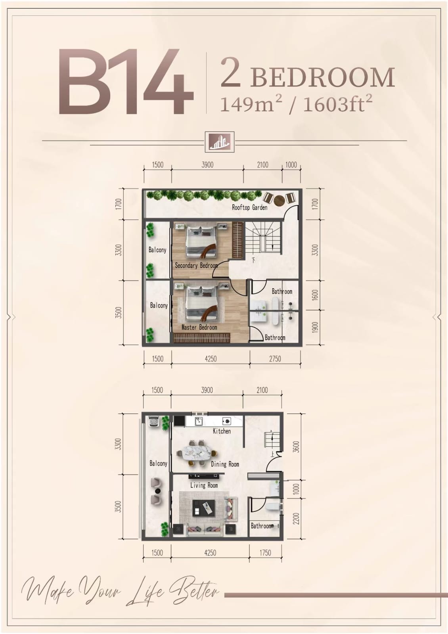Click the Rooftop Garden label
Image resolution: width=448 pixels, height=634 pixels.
point(250,207)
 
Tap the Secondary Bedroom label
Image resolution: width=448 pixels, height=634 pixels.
point(196,266)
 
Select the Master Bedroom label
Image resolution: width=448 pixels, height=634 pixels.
point(199,328)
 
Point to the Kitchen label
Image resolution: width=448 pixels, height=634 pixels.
point(222,431)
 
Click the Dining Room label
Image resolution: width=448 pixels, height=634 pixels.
point(225,464)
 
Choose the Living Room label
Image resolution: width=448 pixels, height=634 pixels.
point(204,485)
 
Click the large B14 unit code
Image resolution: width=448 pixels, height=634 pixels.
point(126,82)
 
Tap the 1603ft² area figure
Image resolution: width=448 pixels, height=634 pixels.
point(338,104)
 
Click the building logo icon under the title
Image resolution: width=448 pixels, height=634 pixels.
point(220,142)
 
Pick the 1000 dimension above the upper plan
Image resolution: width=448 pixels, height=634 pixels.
point(291,165)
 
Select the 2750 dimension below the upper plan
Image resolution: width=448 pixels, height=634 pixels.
point(275,359)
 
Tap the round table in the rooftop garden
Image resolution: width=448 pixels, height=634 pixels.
point(280,200)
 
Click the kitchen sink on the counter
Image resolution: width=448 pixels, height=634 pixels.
point(199,421)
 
